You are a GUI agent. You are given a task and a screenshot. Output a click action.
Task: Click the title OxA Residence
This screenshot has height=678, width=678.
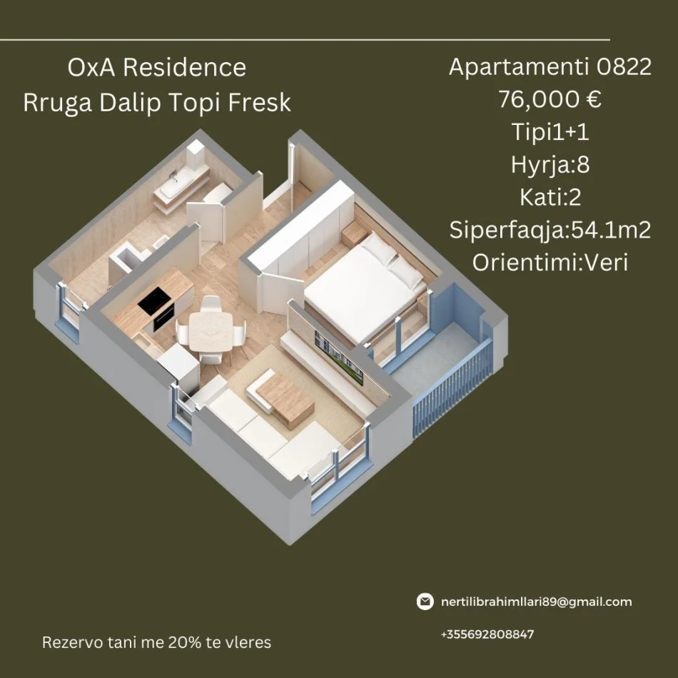click(x=156, y=68)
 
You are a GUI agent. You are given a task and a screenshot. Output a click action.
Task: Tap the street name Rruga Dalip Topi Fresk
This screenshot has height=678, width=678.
click(x=157, y=102)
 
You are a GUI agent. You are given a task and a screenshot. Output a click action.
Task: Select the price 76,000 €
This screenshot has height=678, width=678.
click(x=550, y=100)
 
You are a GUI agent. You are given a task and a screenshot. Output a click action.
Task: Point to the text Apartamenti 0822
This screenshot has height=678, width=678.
click(x=550, y=68)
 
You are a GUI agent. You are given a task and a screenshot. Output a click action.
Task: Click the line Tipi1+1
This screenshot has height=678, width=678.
click(x=550, y=132)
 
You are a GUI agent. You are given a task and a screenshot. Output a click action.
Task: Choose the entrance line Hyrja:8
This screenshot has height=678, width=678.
click(x=550, y=165)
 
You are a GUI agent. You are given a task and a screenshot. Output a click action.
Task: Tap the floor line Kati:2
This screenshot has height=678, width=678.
click(x=550, y=197)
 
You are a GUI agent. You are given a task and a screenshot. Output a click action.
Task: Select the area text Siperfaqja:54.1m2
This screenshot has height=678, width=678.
click(x=550, y=230)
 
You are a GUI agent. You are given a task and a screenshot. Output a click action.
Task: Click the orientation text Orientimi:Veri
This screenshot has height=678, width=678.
click(x=550, y=262)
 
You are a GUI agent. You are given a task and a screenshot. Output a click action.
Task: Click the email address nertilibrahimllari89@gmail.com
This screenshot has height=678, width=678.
click(x=536, y=602)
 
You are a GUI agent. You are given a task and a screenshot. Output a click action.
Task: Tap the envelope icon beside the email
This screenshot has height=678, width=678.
click(x=425, y=602)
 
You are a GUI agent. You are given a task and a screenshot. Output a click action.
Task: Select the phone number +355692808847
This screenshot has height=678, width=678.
click(x=487, y=634)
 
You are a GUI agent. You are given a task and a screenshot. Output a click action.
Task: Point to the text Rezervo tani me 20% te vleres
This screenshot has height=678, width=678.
click(x=157, y=642)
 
